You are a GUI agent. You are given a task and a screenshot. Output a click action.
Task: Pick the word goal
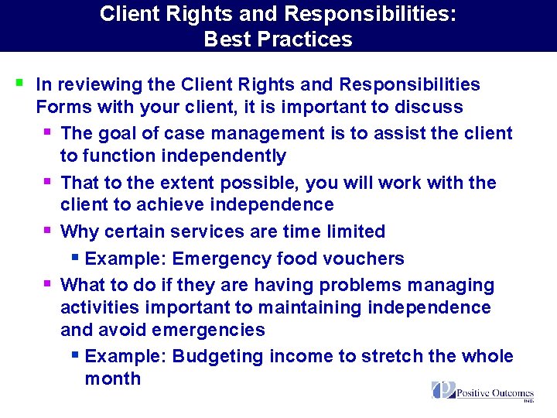tap(117, 133)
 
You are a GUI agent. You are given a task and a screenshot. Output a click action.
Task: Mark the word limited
tap(351, 231)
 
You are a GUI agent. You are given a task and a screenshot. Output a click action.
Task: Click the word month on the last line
tap(112, 379)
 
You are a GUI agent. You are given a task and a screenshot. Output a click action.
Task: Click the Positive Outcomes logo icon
tap(443, 389)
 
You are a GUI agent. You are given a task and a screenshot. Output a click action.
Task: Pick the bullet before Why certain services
tap(48, 230)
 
